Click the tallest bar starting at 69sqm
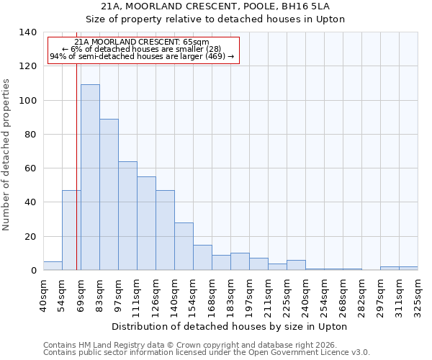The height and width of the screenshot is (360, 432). click(x=90, y=177)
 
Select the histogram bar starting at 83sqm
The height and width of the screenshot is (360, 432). click(x=109, y=194)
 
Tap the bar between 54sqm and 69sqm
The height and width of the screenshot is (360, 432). click(x=71, y=230)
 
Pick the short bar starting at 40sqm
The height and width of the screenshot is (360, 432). click(x=53, y=266)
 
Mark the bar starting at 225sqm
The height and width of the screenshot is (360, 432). click(x=296, y=265)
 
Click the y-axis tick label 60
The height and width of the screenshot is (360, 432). click(x=30, y=168)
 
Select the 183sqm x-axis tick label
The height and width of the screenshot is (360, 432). click(x=230, y=294)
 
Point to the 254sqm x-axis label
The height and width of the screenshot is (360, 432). click(x=324, y=294)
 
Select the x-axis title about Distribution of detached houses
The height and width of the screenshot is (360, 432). click(x=230, y=326)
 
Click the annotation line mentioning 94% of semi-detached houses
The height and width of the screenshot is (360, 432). click(x=142, y=57)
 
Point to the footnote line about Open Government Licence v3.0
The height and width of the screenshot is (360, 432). click(x=207, y=353)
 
